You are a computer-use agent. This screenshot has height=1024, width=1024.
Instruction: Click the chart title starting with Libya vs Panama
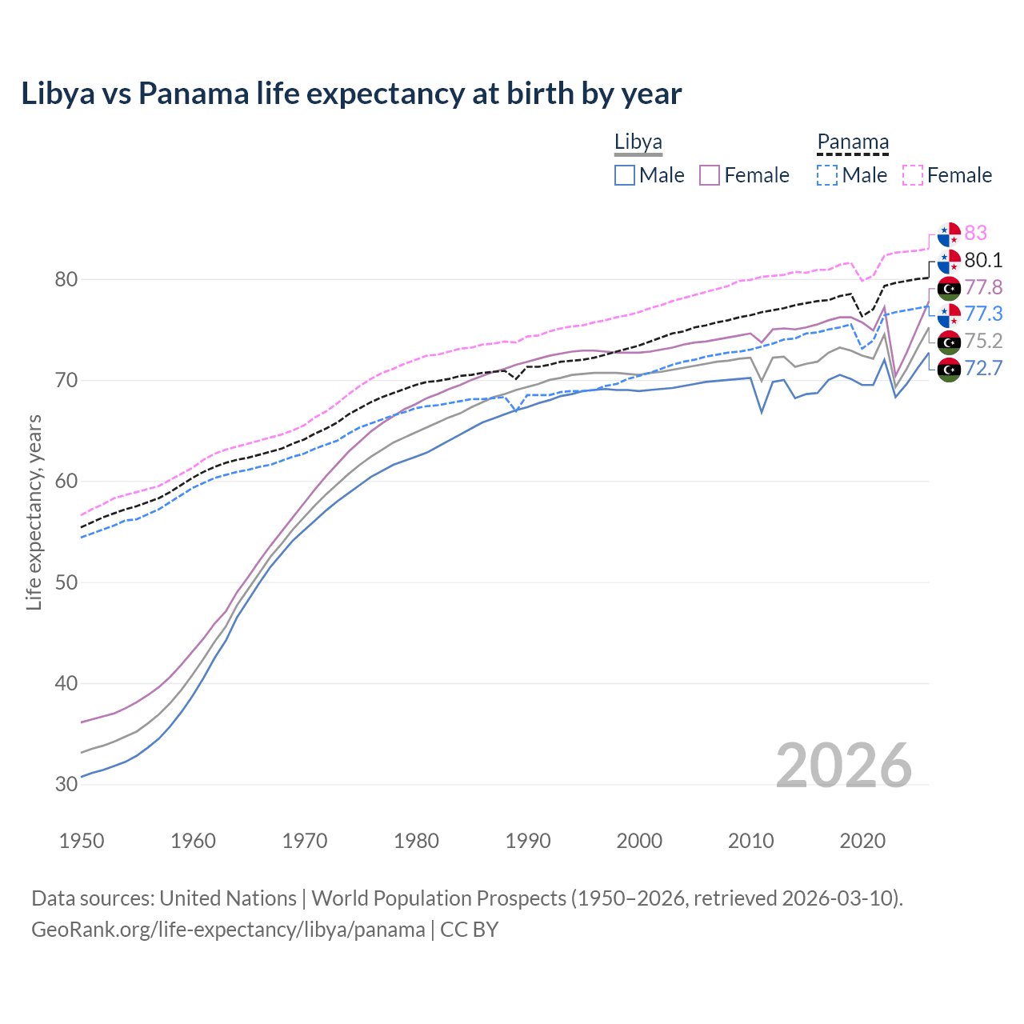point(351,94)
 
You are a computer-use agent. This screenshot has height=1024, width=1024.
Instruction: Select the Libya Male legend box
point(625,175)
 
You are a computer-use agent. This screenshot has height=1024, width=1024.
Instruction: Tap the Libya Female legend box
point(710,175)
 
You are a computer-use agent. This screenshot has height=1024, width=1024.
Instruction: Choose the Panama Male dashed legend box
point(827,175)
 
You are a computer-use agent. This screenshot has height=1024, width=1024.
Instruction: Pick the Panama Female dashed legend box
point(913,175)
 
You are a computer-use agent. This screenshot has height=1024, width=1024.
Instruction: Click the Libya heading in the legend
point(638,142)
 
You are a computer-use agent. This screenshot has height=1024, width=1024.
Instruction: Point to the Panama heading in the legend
point(853,142)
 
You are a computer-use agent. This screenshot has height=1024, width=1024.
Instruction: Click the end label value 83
point(975,233)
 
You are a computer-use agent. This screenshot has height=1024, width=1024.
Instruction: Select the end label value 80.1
point(983,260)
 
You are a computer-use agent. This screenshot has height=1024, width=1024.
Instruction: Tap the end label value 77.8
point(983,287)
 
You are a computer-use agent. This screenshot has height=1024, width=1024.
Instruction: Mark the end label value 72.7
point(983,368)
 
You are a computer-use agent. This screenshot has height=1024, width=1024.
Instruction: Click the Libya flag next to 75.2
point(949,342)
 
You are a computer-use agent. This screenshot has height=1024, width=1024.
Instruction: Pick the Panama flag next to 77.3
point(949,314)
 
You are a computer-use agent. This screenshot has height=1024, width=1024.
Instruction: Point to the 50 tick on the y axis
point(66,582)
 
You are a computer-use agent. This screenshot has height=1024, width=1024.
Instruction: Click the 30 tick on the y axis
point(66,784)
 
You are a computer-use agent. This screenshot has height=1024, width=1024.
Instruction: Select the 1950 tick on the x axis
point(82,841)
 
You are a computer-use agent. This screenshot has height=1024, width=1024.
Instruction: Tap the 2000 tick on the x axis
point(639,841)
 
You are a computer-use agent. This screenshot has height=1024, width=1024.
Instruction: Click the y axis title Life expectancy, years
point(34,512)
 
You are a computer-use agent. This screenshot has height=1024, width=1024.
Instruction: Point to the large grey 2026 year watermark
point(843,766)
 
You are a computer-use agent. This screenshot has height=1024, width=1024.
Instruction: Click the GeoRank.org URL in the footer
point(228,930)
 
